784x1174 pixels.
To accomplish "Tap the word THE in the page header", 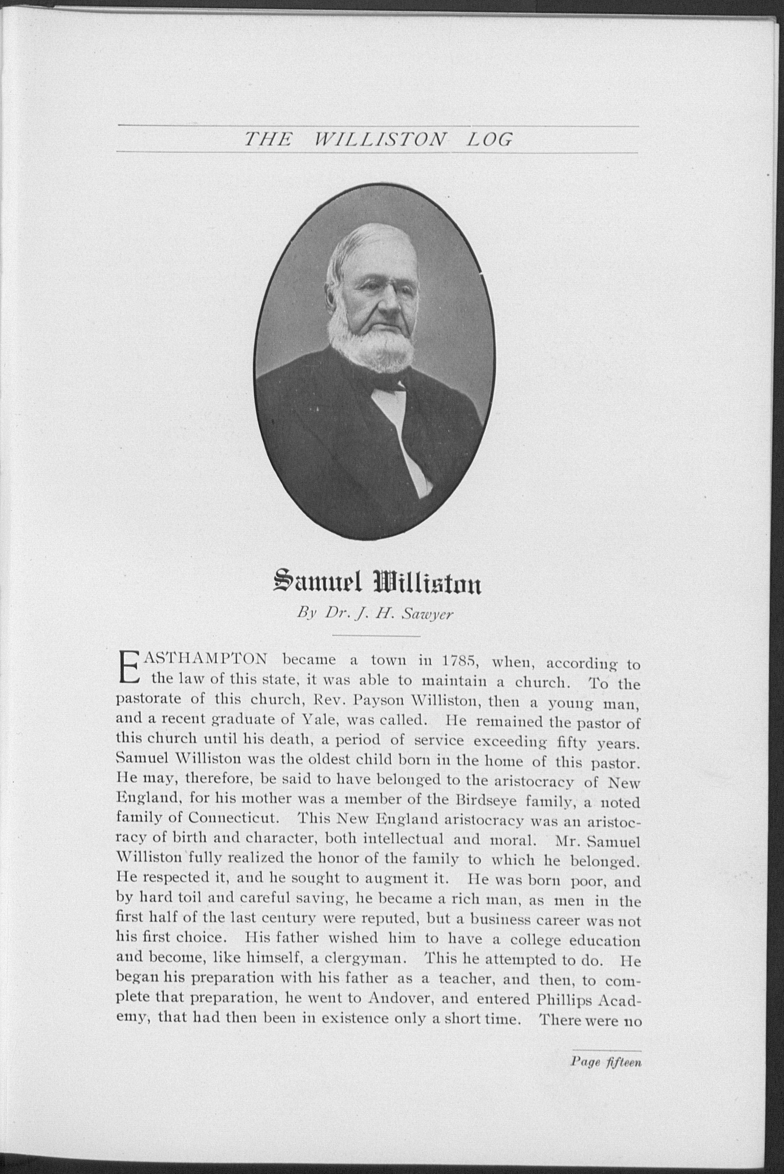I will point(267,139).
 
